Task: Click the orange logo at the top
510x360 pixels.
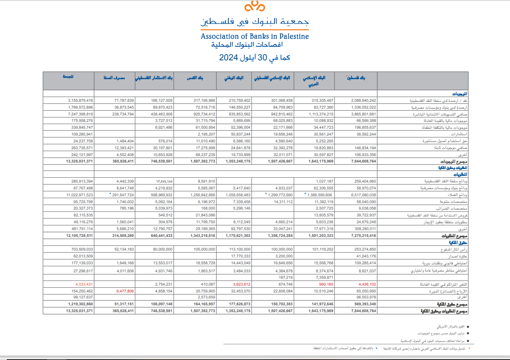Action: click(x=255, y=7)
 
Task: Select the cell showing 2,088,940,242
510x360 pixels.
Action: click(x=361, y=100)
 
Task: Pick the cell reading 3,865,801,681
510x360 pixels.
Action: click(x=361, y=114)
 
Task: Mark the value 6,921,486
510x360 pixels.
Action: click(x=162, y=127)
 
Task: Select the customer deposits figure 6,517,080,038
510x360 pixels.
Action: click(x=361, y=195)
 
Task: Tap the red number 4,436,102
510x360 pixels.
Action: click(x=365, y=284)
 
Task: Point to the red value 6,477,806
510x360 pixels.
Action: click(x=124, y=290)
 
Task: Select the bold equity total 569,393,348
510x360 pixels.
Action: click(x=362, y=304)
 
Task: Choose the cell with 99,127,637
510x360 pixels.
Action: click(x=80, y=297)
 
